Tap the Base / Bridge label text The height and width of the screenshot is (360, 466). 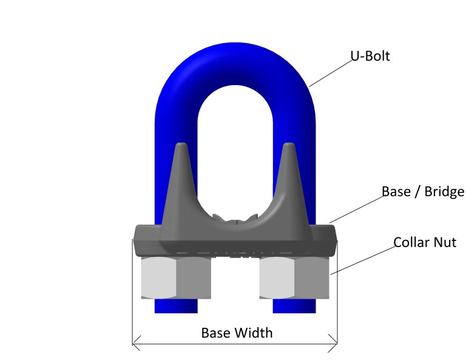click(422, 192)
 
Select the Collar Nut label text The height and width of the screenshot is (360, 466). click(425, 243)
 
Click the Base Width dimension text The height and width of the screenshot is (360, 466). click(237, 333)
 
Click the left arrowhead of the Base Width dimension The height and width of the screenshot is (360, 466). click(136, 343)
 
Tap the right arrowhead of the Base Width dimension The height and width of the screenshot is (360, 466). click(334, 343)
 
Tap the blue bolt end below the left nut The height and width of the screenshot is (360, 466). click(175, 306)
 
